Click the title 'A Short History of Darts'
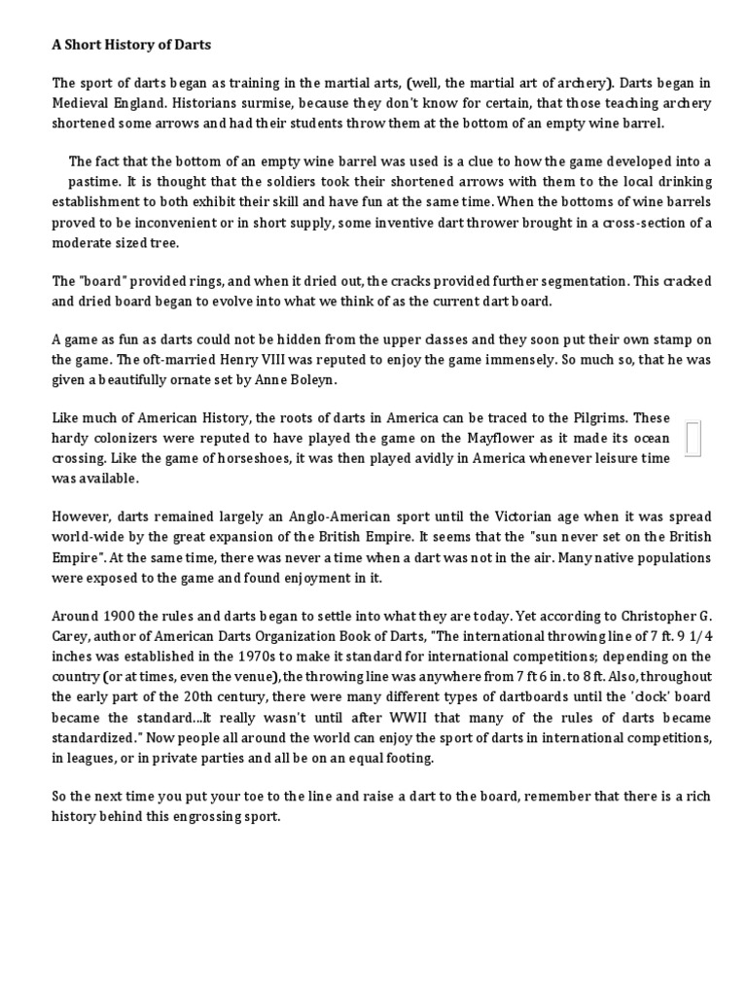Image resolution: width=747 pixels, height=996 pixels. coord(131,45)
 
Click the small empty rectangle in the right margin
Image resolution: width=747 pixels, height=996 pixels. coord(694,439)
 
